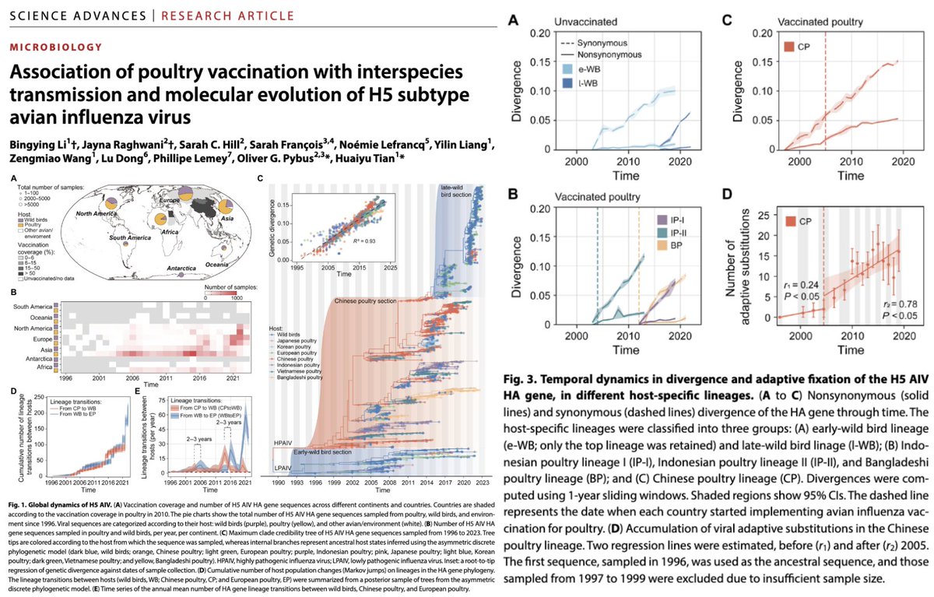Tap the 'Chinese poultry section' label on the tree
pos(367,300)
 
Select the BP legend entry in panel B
pos(683,247)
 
